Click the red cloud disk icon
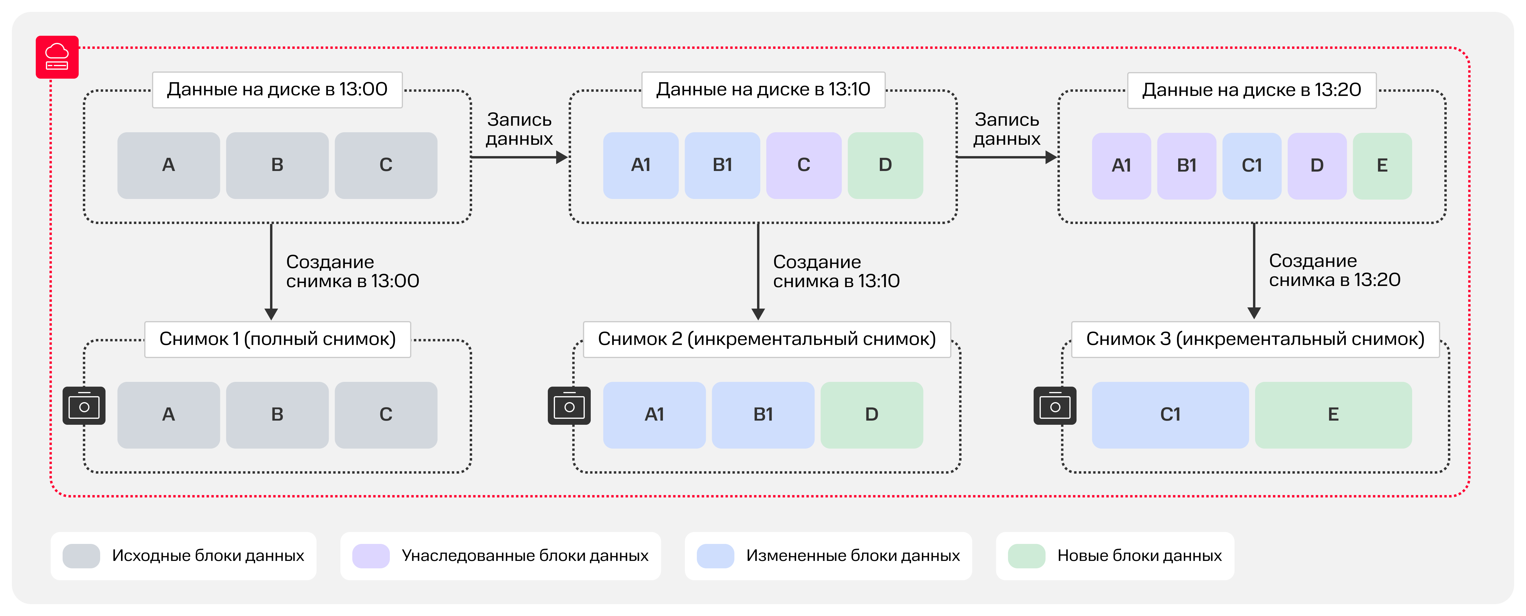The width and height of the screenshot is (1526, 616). pyautogui.click(x=57, y=57)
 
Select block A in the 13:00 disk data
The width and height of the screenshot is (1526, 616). pyautogui.click(x=168, y=165)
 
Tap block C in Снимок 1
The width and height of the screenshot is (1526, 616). pyautogui.click(x=386, y=415)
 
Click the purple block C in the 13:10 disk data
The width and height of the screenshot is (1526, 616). pyautogui.click(x=803, y=165)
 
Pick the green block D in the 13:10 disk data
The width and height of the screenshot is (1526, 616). pyautogui.click(x=885, y=165)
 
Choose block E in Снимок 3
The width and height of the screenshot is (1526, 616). pyautogui.click(x=1333, y=415)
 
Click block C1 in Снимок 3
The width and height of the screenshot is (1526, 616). pyautogui.click(x=1170, y=415)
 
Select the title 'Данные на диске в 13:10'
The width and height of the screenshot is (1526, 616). pyautogui.click(x=763, y=89)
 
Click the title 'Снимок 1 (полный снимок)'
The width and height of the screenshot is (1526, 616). pyautogui.click(x=277, y=339)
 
